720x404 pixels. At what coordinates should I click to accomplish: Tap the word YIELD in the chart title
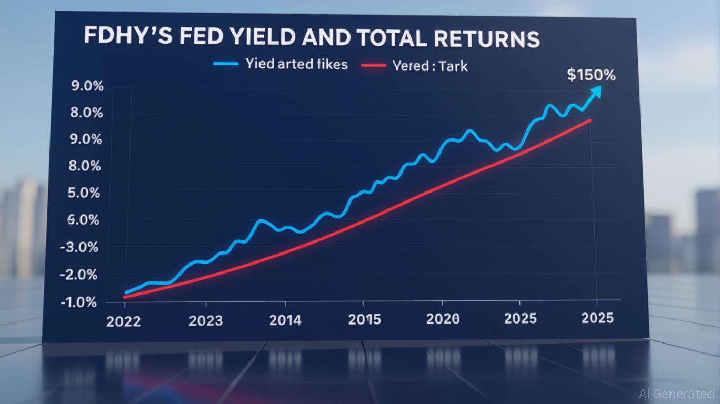point(261,40)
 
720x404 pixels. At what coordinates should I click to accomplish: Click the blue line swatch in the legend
point(226,64)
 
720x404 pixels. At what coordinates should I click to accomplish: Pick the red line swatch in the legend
point(374,65)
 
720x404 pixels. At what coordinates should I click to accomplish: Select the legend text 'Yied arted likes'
point(296,64)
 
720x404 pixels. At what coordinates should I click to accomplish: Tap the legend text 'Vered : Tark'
point(430,66)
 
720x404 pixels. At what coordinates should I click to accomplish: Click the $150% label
point(591,75)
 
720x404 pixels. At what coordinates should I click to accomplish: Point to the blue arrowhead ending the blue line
point(595,92)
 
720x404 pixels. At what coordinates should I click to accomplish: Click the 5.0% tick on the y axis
point(84,193)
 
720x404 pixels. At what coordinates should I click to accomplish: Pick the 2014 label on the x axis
point(285,320)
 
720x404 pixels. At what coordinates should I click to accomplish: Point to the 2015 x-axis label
point(364,319)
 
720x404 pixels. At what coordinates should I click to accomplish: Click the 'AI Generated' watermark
point(676,393)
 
